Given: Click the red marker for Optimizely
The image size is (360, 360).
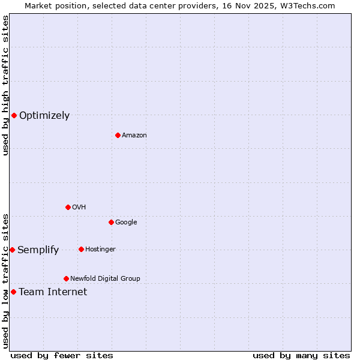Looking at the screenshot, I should pyautogui.click(x=14, y=115).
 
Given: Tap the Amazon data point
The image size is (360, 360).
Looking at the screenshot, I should pyautogui.click(x=118, y=135).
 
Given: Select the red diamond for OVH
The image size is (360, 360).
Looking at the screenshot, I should pyautogui.click(x=68, y=207).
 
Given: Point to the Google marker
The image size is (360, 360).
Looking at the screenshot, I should pyautogui.click(x=111, y=222).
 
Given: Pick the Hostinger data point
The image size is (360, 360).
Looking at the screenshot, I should pyautogui.click(x=81, y=249).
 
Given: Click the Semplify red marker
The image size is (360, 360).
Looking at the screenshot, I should pyautogui.click(x=12, y=250).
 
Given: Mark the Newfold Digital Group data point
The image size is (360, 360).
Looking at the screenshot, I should pyautogui.click(x=66, y=278).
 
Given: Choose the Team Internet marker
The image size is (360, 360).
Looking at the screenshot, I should pyautogui.click(x=13, y=292).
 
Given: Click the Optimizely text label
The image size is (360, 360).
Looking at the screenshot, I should pyautogui.click(x=44, y=116).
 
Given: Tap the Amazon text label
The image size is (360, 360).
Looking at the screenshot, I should pyautogui.click(x=134, y=136).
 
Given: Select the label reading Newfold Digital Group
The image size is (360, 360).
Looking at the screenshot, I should pyautogui.click(x=105, y=278).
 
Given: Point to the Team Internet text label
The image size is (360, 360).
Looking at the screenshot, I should pyautogui.click(x=53, y=292).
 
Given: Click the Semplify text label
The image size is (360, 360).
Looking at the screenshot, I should pyautogui.click(x=38, y=250).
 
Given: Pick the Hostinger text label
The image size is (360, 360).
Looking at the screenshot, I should pyautogui.click(x=100, y=250).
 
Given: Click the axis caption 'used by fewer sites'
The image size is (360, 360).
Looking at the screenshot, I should pyautogui.click(x=62, y=355).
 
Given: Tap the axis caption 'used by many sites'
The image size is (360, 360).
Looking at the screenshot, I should pyautogui.click(x=301, y=355).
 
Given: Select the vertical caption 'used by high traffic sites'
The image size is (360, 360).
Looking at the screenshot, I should pyautogui.click(x=5, y=85).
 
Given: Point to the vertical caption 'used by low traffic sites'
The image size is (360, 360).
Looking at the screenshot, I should pyautogui.click(x=5, y=280).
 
